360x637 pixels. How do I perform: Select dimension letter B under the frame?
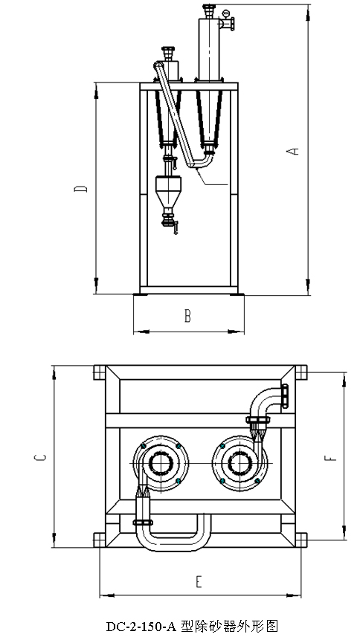pos(187,316)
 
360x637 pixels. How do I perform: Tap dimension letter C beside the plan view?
pos(40,457)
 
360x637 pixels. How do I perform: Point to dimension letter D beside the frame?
pos(81,189)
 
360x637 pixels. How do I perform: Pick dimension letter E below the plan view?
pos(199,582)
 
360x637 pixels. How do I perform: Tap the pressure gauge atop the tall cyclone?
pos(226,13)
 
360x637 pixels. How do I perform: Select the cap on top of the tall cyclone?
pos(209,9)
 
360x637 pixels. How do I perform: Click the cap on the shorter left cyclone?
pos(168,52)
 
